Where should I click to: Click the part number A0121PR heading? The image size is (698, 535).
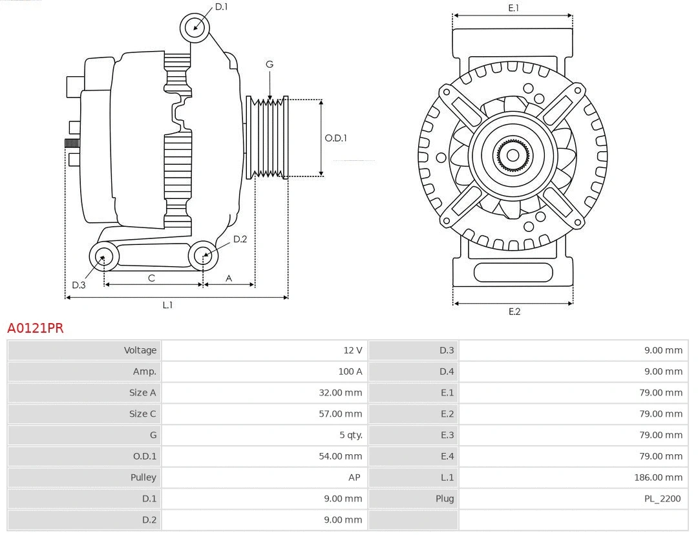point(36,328)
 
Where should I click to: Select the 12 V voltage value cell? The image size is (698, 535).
point(352,350)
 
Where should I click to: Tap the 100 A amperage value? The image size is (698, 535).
point(350,372)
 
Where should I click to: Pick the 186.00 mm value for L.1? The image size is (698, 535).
point(658,477)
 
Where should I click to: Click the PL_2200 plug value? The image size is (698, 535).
point(662,499)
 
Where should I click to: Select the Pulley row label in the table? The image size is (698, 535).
point(143,477)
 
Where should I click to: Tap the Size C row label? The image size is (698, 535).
point(142,414)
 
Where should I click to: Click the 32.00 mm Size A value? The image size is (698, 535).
point(340,393)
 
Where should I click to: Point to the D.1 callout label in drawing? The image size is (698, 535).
point(221,7)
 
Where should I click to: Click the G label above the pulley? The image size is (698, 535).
point(270,64)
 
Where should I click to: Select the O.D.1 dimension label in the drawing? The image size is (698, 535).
point(335,138)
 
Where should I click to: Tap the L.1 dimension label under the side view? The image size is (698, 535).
point(167,305)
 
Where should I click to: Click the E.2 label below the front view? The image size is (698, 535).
point(514,311)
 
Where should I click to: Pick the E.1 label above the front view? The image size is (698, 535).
point(514,8)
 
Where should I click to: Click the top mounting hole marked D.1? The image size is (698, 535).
point(195,28)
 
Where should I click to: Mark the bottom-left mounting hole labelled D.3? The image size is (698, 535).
point(103,257)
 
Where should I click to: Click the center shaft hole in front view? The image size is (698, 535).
point(513,155)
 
